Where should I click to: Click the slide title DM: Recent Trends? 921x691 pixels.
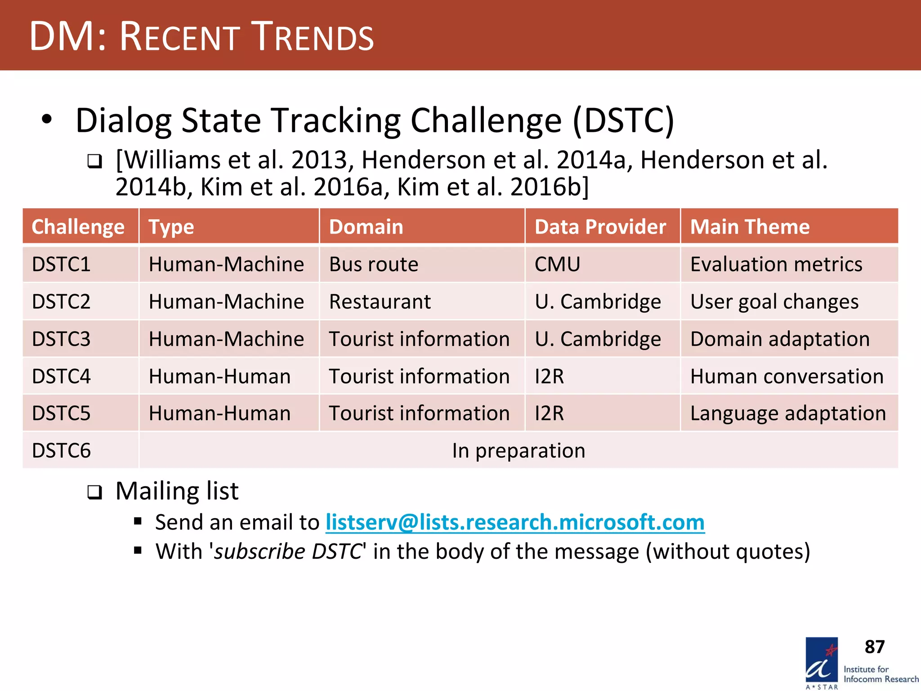[x=201, y=36]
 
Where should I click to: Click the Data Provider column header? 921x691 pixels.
[x=600, y=227]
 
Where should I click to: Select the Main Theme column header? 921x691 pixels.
[x=750, y=227]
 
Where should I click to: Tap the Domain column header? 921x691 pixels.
[x=366, y=227]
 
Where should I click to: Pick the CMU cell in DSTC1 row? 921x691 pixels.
[x=557, y=264]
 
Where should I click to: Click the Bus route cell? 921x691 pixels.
[x=373, y=264]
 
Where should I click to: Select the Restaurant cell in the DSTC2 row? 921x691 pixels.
[x=380, y=301]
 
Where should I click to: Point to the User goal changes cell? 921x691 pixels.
[x=774, y=301]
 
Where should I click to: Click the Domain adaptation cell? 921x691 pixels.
[x=780, y=339]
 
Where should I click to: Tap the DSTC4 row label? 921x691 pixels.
[x=61, y=376]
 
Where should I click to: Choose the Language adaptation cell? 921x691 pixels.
[x=787, y=413]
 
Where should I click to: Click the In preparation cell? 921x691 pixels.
[x=518, y=450]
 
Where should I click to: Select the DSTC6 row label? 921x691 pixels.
[x=61, y=450]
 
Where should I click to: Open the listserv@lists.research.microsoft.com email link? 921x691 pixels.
[x=514, y=522]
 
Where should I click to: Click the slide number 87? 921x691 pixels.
[x=874, y=646]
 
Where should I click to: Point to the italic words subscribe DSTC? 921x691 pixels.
[x=288, y=551]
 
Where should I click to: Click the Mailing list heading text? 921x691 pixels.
[x=177, y=491]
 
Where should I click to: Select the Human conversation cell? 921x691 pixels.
[x=787, y=376]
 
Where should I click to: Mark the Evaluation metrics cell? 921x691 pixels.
[x=776, y=264]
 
